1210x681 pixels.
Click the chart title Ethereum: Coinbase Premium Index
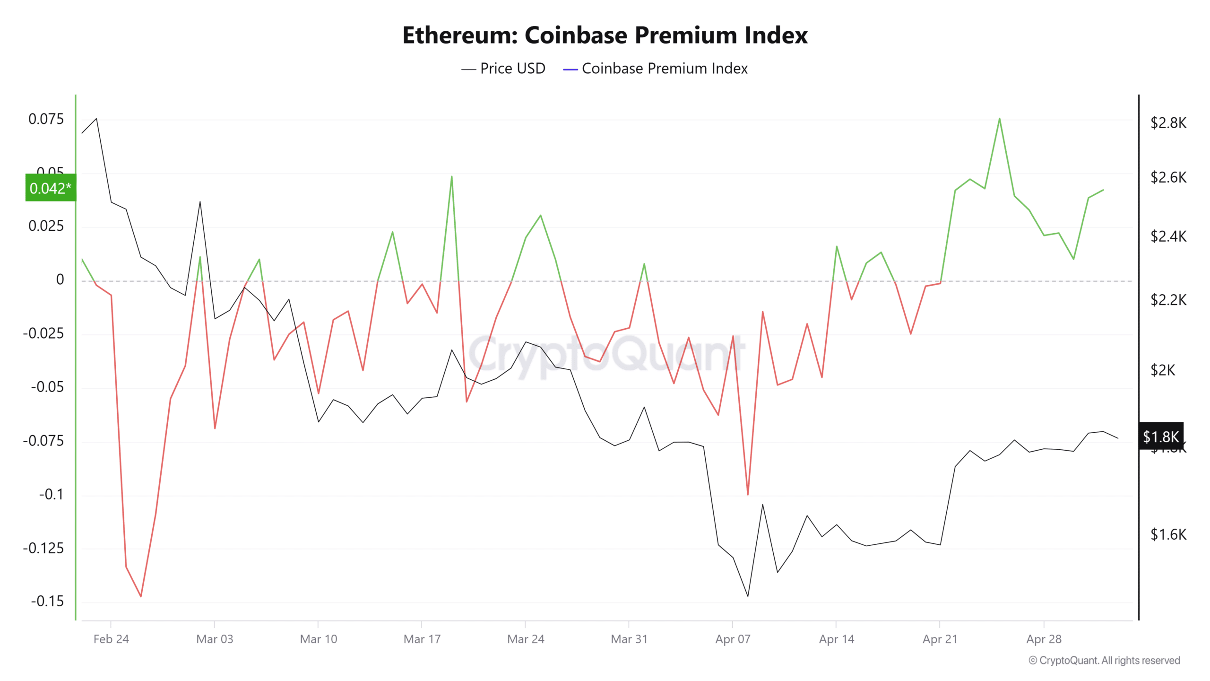pyautogui.click(x=605, y=35)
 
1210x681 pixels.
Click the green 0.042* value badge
pyautogui.click(x=50, y=188)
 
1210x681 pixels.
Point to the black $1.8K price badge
pyautogui.click(x=1161, y=436)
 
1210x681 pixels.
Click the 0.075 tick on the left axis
pyautogui.click(x=46, y=119)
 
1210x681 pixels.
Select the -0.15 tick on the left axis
pyautogui.click(x=47, y=602)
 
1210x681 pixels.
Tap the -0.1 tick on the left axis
pyautogui.click(x=51, y=495)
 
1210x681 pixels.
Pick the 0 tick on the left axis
pyautogui.click(x=60, y=279)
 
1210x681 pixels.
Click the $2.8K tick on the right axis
pyautogui.click(x=1168, y=123)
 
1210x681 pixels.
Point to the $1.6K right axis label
pyautogui.click(x=1168, y=534)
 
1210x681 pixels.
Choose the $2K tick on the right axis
pyautogui.click(x=1163, y=370)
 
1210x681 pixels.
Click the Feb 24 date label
pyautogui.click(x=111, y=639)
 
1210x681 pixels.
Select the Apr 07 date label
pyautogui.click(x=733, y=639)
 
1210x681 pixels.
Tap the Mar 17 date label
pyautogui.click(x=422, y=639)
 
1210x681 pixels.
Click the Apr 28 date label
pyautogui.click(x=1044, y=639)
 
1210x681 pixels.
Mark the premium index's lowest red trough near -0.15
pyautogui.click(x=141, y=596)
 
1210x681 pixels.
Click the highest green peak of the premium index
pyautogui.click(x=1000, y=119)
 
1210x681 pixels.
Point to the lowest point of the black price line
pyautogui.click(x=748, y=596)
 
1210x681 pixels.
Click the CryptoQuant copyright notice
pyautogui.click(x=1104, y=660)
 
